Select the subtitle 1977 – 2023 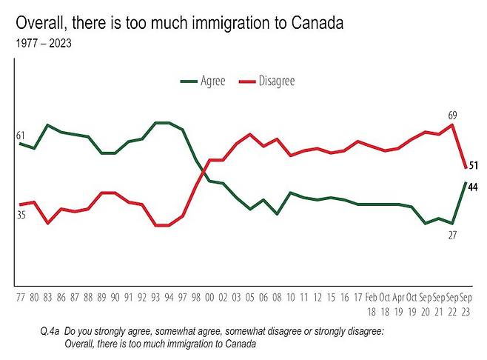tap(43, 42)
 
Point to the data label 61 tap(20, 136)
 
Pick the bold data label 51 tap(474, 165)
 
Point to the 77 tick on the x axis tap(20, 297)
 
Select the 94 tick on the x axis tap(169, 297)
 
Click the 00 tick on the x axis tap(210, 297)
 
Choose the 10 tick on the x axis tap(292, 297)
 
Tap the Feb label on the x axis tap(371, 297)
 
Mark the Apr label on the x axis tap(398, 297)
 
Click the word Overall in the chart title tap(38, 22)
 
